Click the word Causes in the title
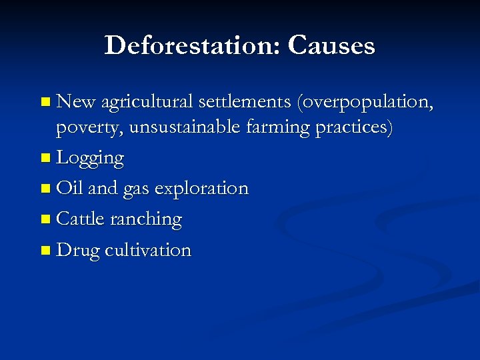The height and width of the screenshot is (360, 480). pyautogui.click(x=331, y=45)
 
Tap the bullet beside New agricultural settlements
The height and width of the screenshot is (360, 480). pyautogui.click(x=45, y=103)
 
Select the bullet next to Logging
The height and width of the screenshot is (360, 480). pyautogui.click(x=45, y=159)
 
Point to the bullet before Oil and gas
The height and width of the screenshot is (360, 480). pyautogui.click(x=45, y=189)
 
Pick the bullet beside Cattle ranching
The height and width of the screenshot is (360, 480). pyautogui.click(x=45, y=219)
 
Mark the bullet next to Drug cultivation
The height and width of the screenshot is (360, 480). pyautogui.click(x=45, y=251)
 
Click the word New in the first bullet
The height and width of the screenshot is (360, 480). pyautogui.click(x=77, y=101)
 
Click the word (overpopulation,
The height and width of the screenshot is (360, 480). pyautogui.click(x=366, y=103)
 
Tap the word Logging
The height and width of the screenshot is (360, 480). pyautogui.click(x=91, y=159)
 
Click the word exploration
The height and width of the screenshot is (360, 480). pyautogui.click(x=201, y=189)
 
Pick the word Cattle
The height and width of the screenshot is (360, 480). pyautogui.click(x=82, y=219)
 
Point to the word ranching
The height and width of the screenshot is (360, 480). pyautogui.click(x=151, y=220)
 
